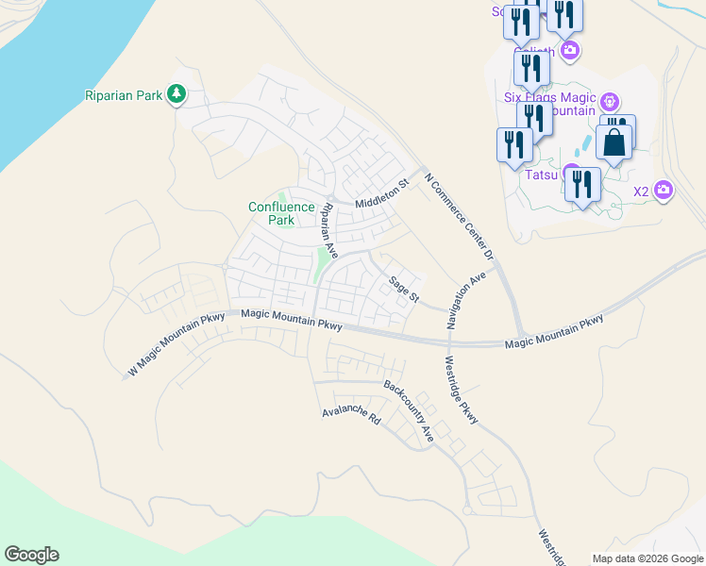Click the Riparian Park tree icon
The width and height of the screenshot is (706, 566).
pos(176,93)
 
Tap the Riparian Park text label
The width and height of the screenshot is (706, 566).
pos(124,93)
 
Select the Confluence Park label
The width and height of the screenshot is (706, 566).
pos(281,213)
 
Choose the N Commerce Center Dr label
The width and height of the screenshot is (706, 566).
pos(460,216)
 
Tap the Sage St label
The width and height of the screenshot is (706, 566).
pos(403,290)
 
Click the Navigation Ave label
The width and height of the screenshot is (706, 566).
pos(466,301)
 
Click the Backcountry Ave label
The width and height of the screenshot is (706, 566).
pos(408,411)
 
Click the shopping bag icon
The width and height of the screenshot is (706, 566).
pos(614,143)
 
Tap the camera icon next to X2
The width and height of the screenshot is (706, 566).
pos(664,191)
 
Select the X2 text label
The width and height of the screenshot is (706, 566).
pos(641,191)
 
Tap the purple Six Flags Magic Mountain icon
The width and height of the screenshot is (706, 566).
pos(610,100)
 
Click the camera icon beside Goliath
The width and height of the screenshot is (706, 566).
pos(569,50)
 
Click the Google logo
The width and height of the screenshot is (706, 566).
pos(31,555)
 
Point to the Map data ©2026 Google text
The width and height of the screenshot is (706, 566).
pos(647,558)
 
